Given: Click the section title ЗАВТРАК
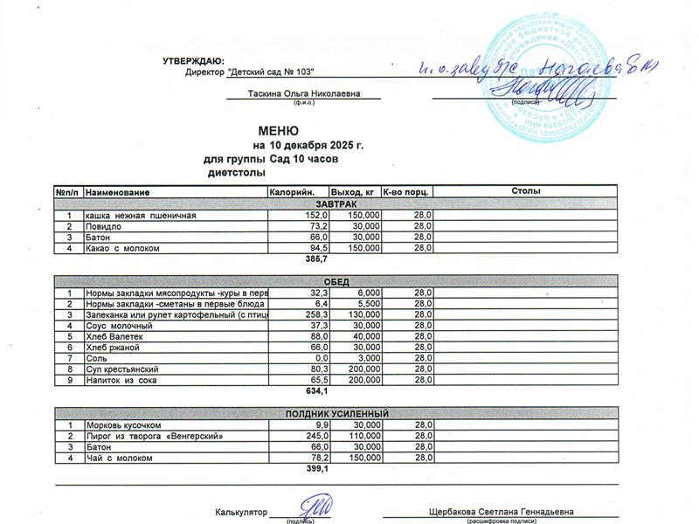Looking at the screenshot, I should tap(336, 203).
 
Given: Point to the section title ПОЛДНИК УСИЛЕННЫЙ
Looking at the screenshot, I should tap(336, 413).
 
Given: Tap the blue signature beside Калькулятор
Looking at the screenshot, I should tap(315, 507).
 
